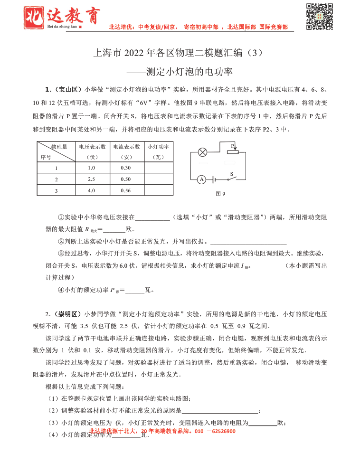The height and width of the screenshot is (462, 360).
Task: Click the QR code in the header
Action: pos(319,17)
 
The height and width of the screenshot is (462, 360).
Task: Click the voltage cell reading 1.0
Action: pos(92,168)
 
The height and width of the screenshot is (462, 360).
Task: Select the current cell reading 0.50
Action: pos(126,179)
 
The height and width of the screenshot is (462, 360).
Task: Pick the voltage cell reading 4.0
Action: pos(92,190)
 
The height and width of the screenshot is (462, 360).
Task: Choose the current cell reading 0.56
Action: pos(126,190)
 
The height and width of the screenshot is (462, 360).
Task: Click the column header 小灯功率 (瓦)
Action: pos(159,151)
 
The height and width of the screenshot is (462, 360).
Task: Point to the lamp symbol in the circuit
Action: pos(202,152)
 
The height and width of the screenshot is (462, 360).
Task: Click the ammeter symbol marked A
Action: pos(201,179)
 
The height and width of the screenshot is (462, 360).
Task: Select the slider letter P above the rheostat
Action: pos(232,145)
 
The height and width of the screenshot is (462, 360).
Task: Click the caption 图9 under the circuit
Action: pos(220,194)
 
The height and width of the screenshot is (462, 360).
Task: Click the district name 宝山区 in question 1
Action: pos(69,89)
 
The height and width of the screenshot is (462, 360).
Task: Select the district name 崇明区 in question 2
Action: pos(69,314)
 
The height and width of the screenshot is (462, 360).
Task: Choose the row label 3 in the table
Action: pos(56,190)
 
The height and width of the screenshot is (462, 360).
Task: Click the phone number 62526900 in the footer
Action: pos(222,431)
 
